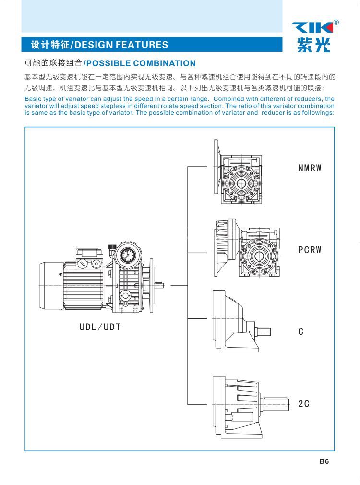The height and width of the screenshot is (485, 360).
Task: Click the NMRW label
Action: [309, 168]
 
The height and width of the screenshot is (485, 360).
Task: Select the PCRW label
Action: [309, 250]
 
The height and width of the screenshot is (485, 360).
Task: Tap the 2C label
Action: [304, 404]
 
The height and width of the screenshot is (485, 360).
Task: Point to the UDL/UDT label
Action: [100, 327]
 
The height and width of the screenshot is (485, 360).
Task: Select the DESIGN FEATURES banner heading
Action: [99, 45]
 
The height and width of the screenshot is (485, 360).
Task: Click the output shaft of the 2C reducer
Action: [276, 404]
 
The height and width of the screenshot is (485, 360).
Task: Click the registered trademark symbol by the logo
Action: [336, 22]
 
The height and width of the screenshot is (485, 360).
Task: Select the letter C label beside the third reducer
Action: [301, 332]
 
